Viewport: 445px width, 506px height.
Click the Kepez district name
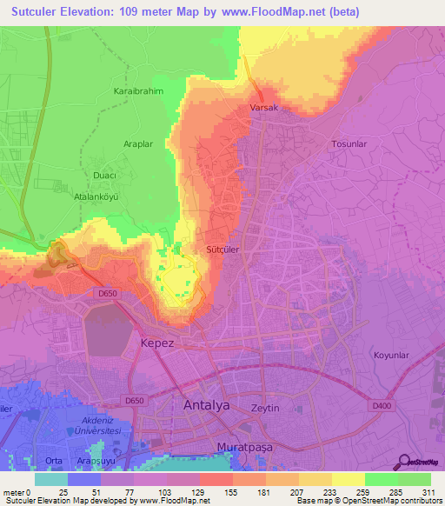pyautogui.click(x=158, y=343)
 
